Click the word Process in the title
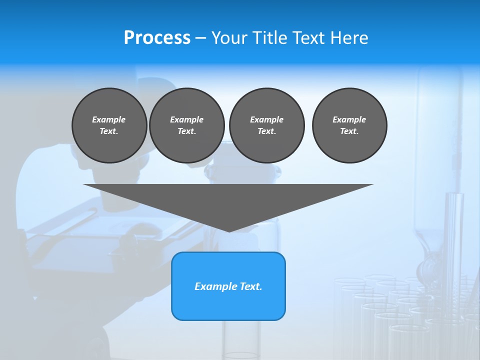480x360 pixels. pyautogui.click(x=157, y=38)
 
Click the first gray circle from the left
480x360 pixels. pyautogui.click(x=109, y=125)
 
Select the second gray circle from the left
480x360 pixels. pyautogui.click(x=186, y=125)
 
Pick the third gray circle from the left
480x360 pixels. pyautogui.click(x=266, y=125)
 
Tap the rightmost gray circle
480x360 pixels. pyautogui.click(x=349, y=125)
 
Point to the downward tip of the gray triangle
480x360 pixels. pyautogui.click(x=228, y=231)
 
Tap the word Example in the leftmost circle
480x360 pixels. pyautogui.click(x=109, y=119)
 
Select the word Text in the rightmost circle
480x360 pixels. pyautogui.click(x=348, y=131)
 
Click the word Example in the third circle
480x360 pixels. pyautogui.click(x=266, y=119)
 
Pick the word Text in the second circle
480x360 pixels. pyautogui.click(x=186, y=131)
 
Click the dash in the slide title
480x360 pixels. pyautogui.click(x=200, y=38)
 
